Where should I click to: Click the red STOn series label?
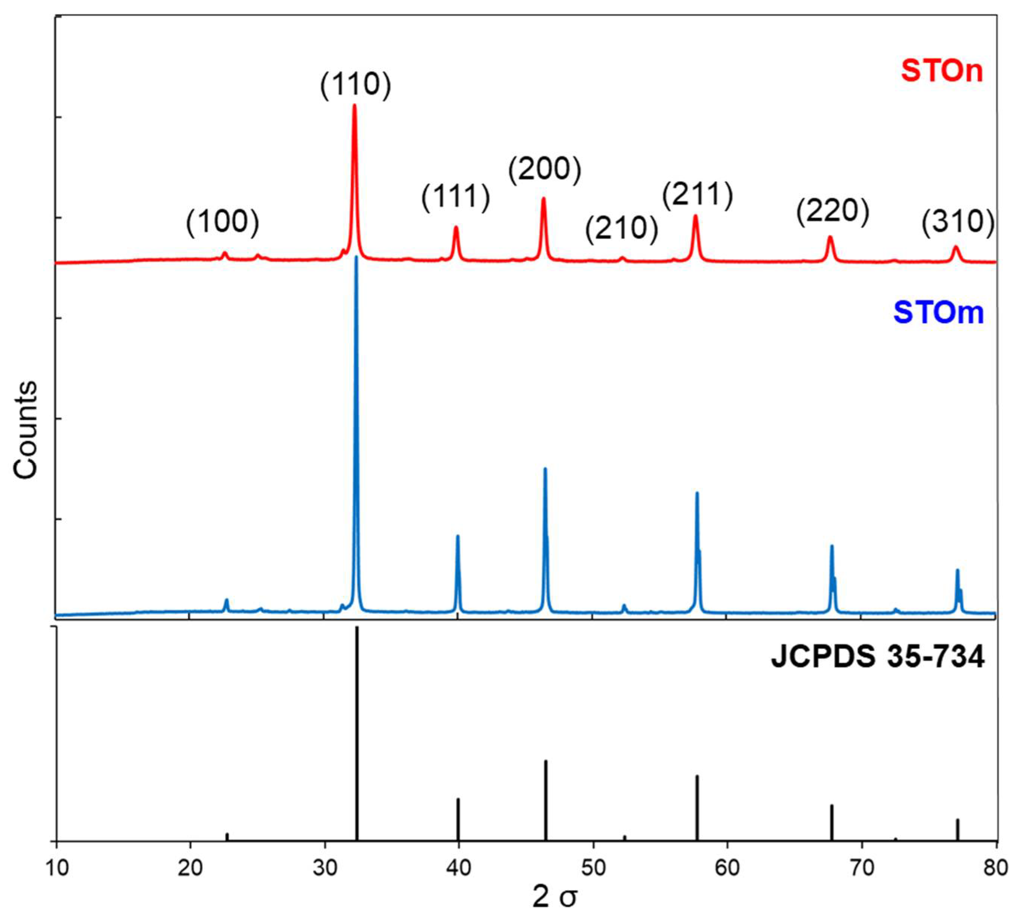point(942,72)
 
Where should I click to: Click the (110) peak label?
point(355,84)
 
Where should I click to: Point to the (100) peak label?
point(223,222)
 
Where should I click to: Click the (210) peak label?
point(621,229)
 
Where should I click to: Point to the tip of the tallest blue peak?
point(356,257)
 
